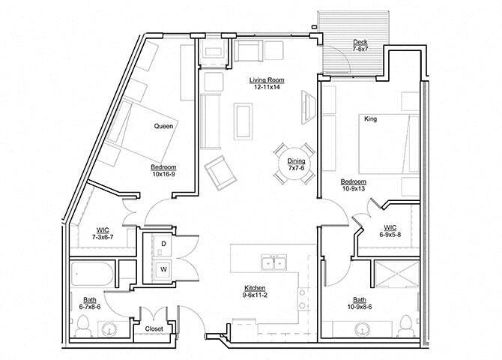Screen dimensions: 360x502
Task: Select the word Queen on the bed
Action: coord(163,126)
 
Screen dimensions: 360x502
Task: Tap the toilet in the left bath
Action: coord(85,326)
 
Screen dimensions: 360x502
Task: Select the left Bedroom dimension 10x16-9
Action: coord(163,175)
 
